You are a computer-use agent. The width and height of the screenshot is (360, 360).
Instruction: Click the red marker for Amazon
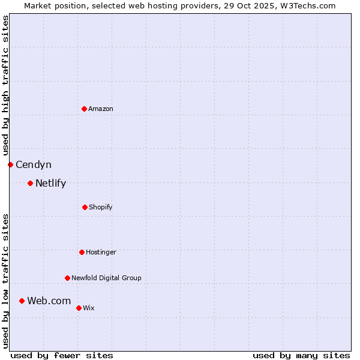tap(84, 109)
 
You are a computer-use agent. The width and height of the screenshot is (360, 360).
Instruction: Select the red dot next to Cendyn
tap(10, 164)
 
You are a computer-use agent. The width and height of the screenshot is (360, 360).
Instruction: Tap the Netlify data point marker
tap(30, 183)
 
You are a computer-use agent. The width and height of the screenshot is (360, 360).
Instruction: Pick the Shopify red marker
tap(85, 207)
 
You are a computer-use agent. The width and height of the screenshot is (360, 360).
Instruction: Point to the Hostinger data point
tap(82, 252)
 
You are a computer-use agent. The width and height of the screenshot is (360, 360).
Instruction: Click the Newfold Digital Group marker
tap(67, 278)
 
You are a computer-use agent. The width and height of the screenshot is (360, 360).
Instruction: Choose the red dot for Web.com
tap(22, 301)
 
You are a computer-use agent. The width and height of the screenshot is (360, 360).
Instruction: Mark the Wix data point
tap(79, 308)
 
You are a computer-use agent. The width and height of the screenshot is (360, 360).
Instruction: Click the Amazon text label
tap(101, 109)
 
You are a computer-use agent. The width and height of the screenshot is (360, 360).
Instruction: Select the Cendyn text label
tap(34, 164)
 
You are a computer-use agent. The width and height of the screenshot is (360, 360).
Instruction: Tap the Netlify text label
tap(50, 183)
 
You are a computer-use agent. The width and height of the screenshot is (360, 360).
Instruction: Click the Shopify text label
tap(101, 207)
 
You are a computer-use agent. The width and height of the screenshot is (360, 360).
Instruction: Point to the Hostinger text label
tap(101, 252)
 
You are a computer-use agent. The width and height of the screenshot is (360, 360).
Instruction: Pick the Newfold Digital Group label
tap(106, 278)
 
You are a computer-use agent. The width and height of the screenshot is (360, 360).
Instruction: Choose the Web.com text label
tap(49, 301)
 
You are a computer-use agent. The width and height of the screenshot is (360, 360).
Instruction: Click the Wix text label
tap(89, 308)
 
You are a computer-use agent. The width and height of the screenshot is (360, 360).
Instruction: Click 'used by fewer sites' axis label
tap(62, 355)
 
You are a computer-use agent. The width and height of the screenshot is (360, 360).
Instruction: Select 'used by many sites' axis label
tap(301, 355)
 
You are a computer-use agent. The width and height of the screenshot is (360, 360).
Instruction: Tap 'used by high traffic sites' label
tap(5, 85)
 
